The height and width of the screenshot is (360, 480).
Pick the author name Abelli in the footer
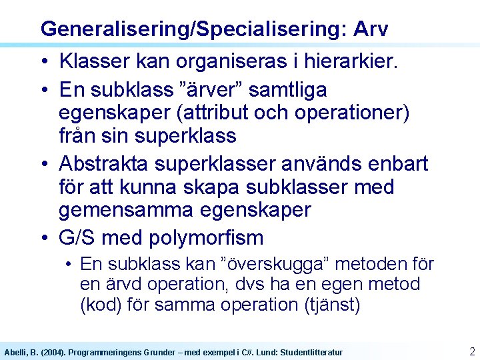[x=16, y=352]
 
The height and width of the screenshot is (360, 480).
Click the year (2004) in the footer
[x=52, y=352]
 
